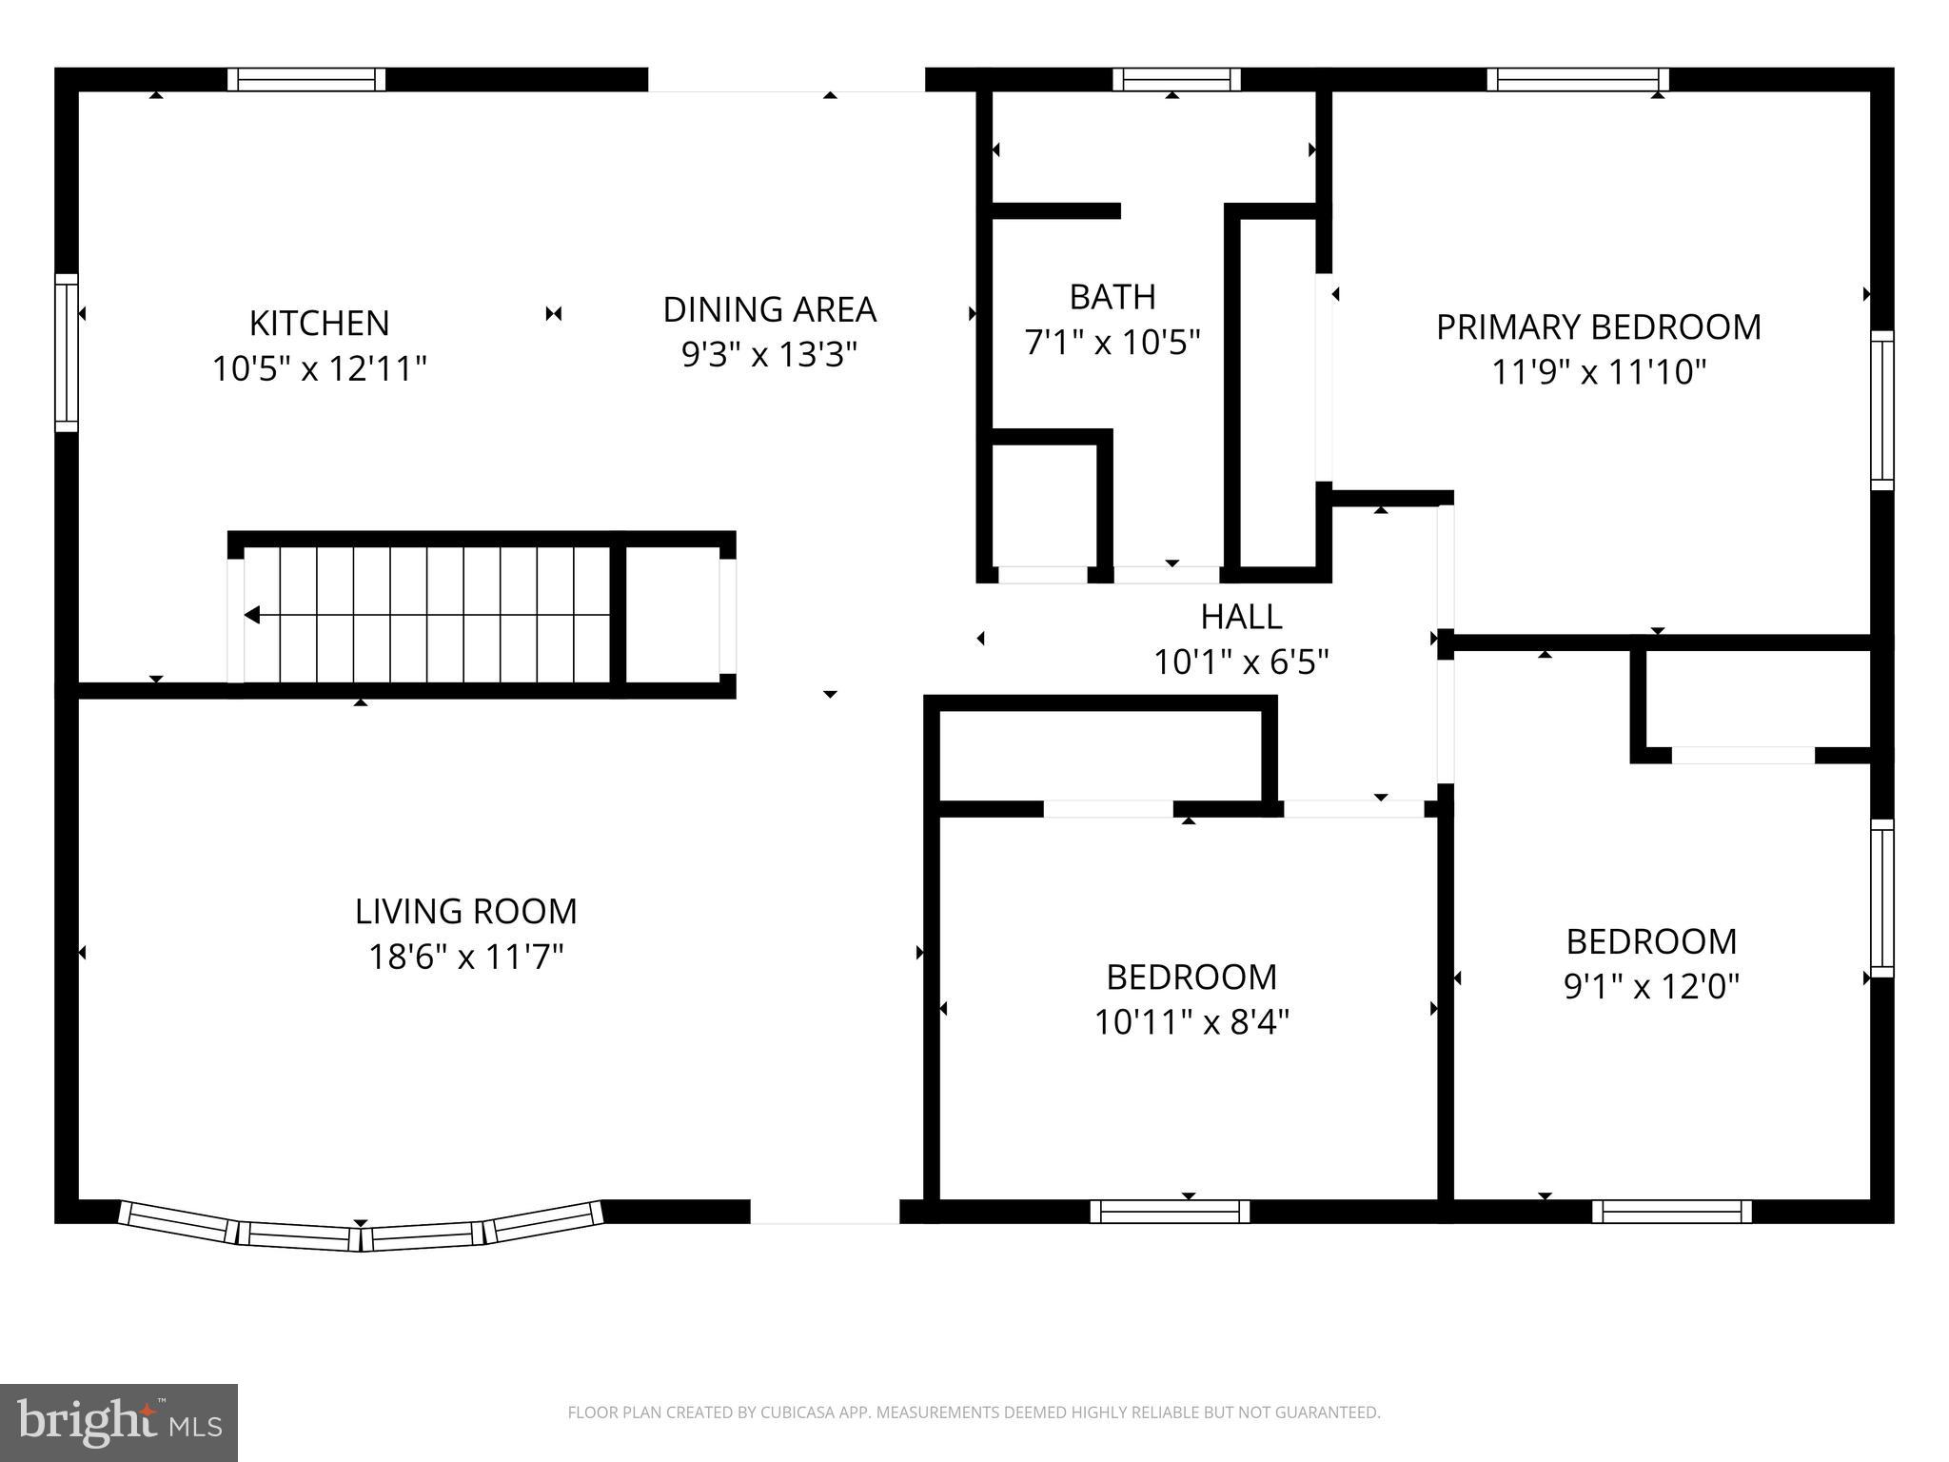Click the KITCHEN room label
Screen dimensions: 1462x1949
pyautogui.click(x=319, y=324)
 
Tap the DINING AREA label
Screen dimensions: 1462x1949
pyautogui.click(x=769, y=309)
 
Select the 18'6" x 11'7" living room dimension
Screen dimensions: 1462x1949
pyautogui.click(x=466, y=956)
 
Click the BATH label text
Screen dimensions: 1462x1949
pyautogui.click(x=1112, y=297)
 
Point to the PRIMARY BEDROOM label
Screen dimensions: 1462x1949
pyautogui.click(x=1598, y=327)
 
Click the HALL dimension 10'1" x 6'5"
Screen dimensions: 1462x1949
pyautogui.click(x=1241, y=662)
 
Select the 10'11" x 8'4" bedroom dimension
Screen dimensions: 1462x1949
pyautogui.click(x=1191, y=1022)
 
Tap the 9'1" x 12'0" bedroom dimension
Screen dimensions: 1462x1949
pyautogui.click(x=1651, y=986)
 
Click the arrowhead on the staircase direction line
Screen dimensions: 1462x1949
pyautogui.click(x=252, y=615)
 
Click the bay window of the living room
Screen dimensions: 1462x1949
pyautogui.click(x=361, y=1234)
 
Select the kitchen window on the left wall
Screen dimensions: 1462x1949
pyautogui.click(x=66, y=352)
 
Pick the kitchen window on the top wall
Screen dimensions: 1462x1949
pyautogui.click(x=306, y=79)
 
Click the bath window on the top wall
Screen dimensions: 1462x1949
pyautogui.click(x=1176, y=79)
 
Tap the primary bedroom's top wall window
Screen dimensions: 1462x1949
pyautogui.click(x=1577, y=79)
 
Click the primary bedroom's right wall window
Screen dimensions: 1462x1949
pyautogui.click(x=1881, y=410)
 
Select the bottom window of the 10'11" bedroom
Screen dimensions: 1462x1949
pyautogui.click(x=1170, y=1211)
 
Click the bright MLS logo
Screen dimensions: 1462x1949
pyautogui.click(x=119, y=1423)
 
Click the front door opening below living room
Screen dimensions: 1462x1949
pyautogui.click(x=824, y=1212)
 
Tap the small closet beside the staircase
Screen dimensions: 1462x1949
pyautogui.click(x=672, y=615)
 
